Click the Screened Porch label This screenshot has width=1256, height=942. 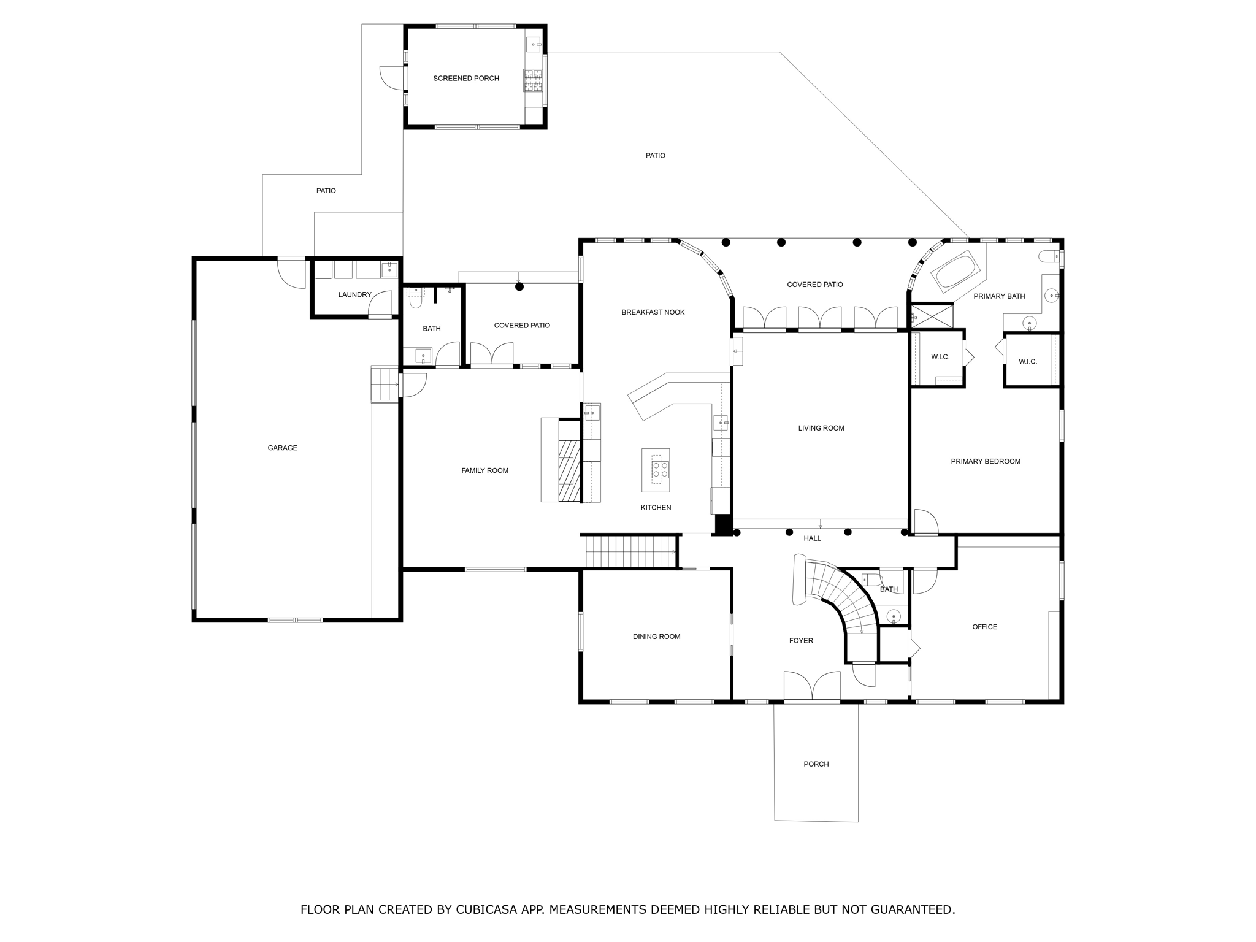point(466,78)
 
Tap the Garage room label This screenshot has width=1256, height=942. point(282,448)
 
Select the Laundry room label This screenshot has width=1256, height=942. point(354,295)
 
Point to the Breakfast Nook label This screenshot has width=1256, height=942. point(653,313)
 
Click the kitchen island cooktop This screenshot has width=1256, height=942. point(660,470)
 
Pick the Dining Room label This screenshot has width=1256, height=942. point(656,637)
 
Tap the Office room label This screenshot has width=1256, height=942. point(984,627)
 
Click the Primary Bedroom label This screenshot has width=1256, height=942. point(985,462)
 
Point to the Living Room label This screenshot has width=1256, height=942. point(821,429)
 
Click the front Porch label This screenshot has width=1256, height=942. point(816,764)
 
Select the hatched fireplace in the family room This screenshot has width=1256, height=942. point(569,471)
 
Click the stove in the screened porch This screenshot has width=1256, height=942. point(533,80)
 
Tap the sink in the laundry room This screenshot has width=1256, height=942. point(389,269)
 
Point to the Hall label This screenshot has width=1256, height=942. point(812,538)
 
